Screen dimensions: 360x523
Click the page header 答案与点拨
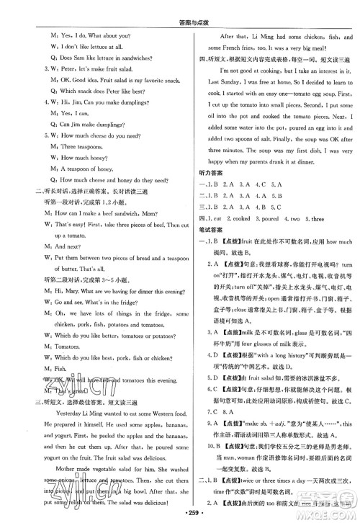(x=180, y=8)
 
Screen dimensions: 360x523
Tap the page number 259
(x=181, y=512)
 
